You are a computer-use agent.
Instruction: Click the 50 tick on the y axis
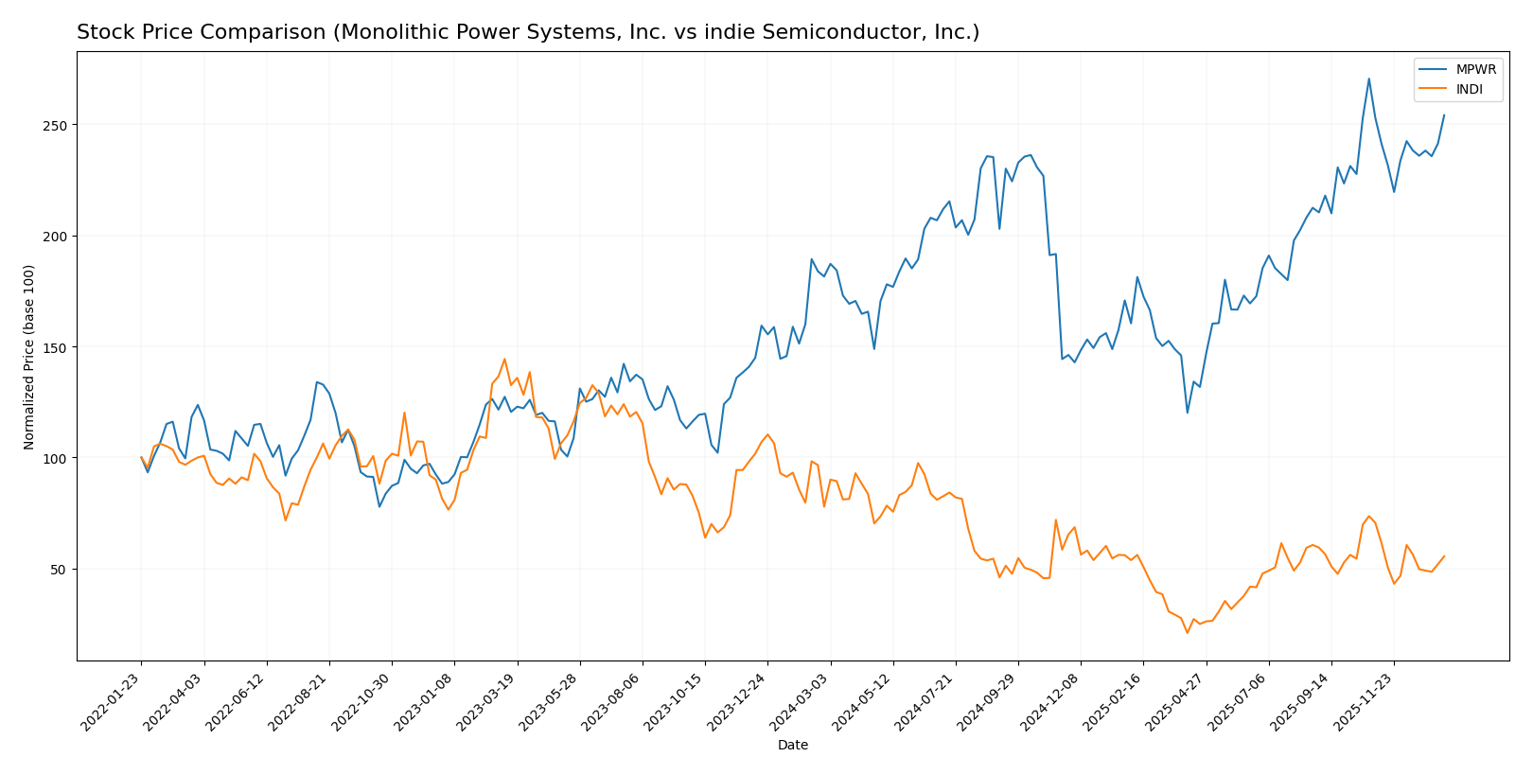[x=59, y=569]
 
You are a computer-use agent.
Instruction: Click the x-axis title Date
[x=792, y=745]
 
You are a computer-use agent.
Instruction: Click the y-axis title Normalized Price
[x=29, y=357]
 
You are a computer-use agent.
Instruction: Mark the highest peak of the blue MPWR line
[x=1368, y=79]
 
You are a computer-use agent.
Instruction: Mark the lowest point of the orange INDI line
[x=1187, y=632]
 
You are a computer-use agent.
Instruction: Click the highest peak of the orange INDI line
[x=504, y=359]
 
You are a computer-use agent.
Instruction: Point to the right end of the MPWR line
[x=1444, y=115]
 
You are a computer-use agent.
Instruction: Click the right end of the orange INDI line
[x=1444, y=556]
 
